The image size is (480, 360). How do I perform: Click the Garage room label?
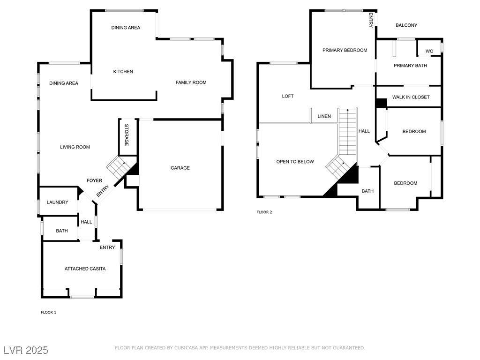(180, 168)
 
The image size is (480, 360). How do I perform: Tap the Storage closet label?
(127, 135)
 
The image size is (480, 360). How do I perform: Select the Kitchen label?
(123, 71)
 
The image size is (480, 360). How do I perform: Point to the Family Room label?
(191, 82)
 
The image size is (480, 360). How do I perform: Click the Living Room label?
(75, 147)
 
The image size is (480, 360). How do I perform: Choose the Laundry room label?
(58, 202)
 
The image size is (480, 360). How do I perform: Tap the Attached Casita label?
(85, 269)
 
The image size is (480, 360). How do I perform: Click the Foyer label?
(94, 180)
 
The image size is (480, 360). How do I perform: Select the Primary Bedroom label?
(345, 50)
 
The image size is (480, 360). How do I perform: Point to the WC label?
(429, 51)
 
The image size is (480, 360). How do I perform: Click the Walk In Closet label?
(411, 97)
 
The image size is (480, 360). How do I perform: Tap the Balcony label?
(406, 25)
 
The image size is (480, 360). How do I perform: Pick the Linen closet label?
(324, 116)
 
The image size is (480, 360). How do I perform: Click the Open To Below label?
(295, 162)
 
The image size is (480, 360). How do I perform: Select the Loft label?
(288, 96)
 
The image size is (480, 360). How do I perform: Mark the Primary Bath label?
(410, 66)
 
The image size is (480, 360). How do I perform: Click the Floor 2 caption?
(264, 212)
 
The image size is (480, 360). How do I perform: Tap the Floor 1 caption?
(49, 312)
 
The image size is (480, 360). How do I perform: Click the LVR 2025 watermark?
(26, 350)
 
